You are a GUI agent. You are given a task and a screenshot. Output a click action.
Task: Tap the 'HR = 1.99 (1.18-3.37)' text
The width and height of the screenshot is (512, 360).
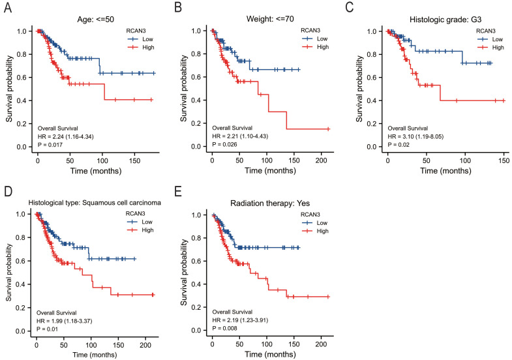click(x=67, y=321)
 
